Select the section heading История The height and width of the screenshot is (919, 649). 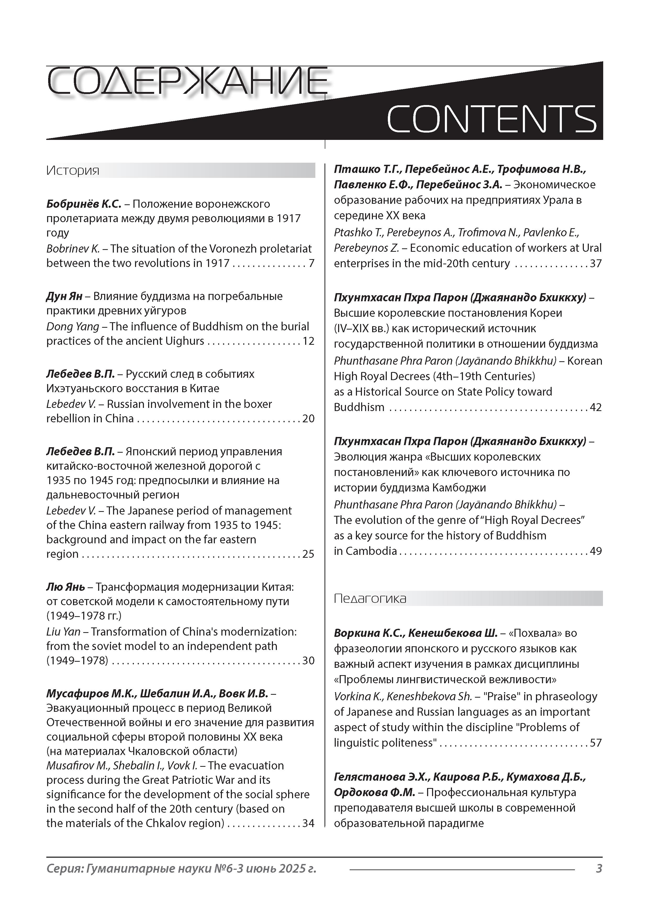[72, 171]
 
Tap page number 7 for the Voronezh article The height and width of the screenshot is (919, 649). [311, 263]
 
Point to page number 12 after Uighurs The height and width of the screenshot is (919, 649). [308, 341]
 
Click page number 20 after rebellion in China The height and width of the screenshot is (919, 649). [308, 419]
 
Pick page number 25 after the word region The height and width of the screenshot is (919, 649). [308, 554]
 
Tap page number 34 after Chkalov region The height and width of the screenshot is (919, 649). [308, 823]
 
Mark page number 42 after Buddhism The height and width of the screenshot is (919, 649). [596, 407]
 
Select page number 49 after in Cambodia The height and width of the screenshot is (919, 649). [596, 551]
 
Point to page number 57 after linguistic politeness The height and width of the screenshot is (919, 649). [596, 743]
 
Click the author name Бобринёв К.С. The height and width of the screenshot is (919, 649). [83, 204]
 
